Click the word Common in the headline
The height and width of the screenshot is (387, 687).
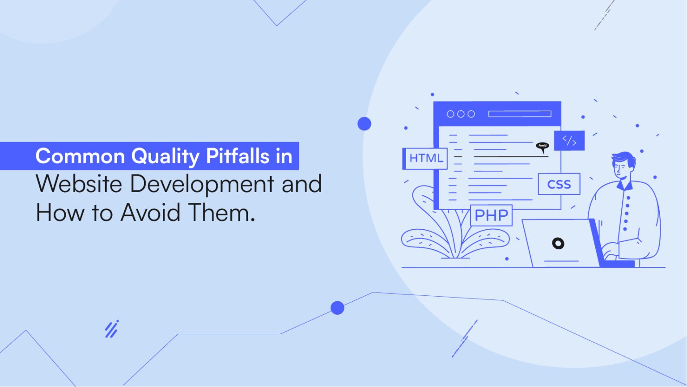click(x=81, y=156)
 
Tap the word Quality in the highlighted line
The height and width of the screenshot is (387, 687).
click(x=165, y=156)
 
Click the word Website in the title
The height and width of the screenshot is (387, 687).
click(x=79, y=184)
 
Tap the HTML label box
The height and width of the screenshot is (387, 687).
click(x=426, y=159)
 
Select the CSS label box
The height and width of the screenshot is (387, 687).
click(x=559, y=184)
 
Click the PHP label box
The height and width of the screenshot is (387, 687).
click(x=491, y=215)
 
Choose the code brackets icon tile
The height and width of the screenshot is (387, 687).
click(x=569, y=141)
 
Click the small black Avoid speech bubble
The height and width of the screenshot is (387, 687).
click(x=543, y=146)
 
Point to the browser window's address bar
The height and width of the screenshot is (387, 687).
click(x=520, y=114)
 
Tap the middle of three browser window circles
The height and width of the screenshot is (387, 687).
click(x=461, y=114)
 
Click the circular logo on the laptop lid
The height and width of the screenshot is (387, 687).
click(x=558, y=244)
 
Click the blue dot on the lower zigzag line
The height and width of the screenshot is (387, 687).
click(x=337, y=307)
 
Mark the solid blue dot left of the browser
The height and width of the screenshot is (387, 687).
click(x=365, y=124)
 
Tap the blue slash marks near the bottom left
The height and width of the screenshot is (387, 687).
click(x=111, y=329)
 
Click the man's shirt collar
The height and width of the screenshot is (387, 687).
click(x=625, y=184)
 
